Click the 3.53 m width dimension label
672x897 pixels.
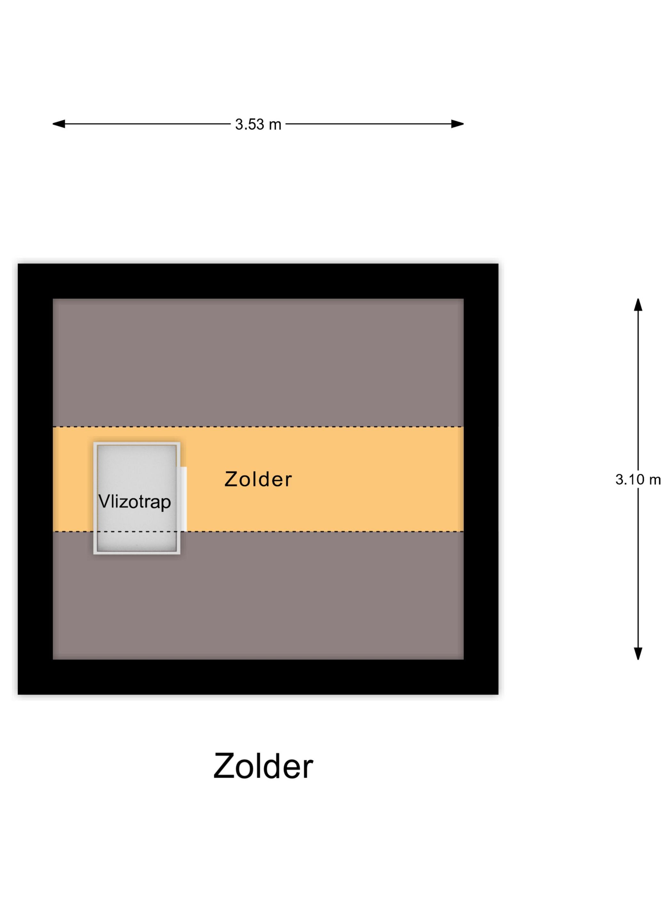[258, 125]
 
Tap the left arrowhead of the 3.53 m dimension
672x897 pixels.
[58, 124]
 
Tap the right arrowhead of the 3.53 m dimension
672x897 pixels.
[457, 124]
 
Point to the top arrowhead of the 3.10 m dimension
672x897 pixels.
[638, 305]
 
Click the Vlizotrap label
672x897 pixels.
[134, 502]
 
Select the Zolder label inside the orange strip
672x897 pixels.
[258, 479]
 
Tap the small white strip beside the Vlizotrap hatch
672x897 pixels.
[183, 499]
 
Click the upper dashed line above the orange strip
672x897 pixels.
[258, 427]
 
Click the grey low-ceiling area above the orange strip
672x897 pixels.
[258, 363]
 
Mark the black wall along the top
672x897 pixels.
[258, 281]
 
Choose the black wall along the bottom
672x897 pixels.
[258, 677]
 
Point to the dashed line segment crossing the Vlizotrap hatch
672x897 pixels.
[137, 531]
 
